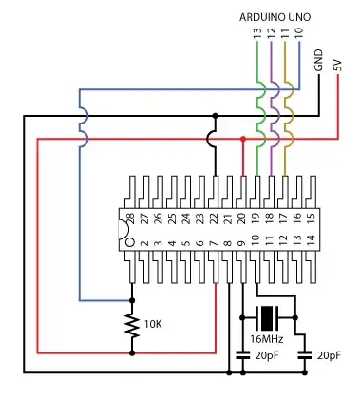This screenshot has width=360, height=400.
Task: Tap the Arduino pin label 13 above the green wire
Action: coord(256,33)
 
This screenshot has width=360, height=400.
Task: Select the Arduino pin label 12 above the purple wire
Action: coord(271,33)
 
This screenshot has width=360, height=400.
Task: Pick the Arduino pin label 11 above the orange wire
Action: coord(285,33)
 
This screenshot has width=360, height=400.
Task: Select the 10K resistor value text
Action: coord(153,324)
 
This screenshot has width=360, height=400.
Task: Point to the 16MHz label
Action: coord(266,338)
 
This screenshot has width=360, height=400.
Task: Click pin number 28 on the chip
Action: coord(131,218)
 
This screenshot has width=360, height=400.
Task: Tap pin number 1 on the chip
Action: coord(131,245)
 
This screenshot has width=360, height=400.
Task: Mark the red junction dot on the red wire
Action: coord(243,139)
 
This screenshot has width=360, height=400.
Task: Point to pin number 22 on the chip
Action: coord(215,218)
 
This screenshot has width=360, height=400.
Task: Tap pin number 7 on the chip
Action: coord(215,245)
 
